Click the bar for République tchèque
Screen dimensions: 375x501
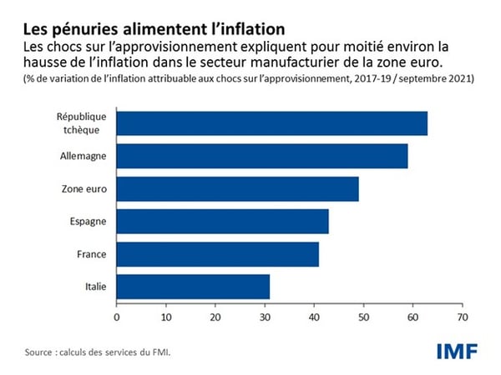pos(271,123)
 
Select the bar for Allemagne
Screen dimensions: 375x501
pos(261,156)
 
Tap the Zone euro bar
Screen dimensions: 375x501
pos(237,188)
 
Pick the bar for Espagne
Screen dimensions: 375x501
pos(222,221)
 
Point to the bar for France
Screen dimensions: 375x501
pos(217,253)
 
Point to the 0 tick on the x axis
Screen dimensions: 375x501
pos(116,317)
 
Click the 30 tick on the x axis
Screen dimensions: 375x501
pos(264,317)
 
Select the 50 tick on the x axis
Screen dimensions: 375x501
pos(362,317)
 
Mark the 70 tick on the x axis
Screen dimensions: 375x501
pos(460,317)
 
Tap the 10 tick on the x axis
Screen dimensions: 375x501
pos(165,317)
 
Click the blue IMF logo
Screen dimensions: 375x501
pos(456,351)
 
